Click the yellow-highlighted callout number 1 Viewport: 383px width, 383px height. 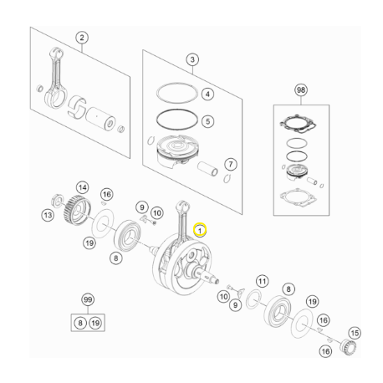coord(199,227)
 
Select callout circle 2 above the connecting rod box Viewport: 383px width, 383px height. coord(82,38)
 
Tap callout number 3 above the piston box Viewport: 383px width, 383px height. coord(192,60)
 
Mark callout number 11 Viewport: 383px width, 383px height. coord(262,281)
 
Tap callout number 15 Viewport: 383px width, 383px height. coord(354,334)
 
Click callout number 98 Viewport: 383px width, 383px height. coord(301,89)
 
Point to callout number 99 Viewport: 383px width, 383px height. coord(86,299)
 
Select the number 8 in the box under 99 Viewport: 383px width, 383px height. coord(79,322)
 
